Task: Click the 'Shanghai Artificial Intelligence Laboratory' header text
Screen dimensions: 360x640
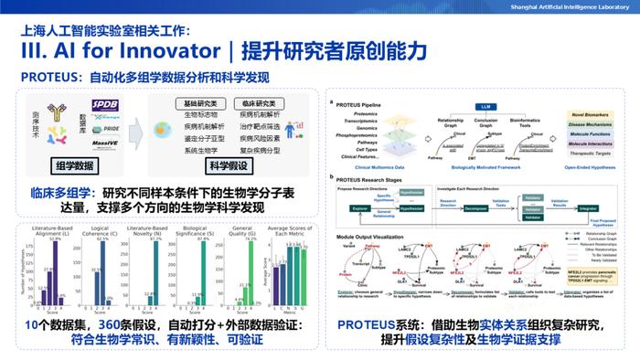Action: tap(560, 7)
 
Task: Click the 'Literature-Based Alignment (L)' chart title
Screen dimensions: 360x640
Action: tap(55, 234)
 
